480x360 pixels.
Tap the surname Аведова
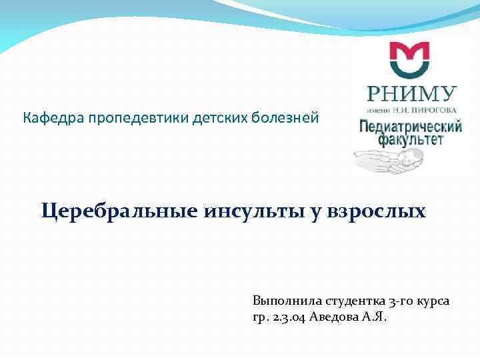[334, 317]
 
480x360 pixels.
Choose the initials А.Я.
[374, 317]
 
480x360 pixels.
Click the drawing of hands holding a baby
[387, 160]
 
